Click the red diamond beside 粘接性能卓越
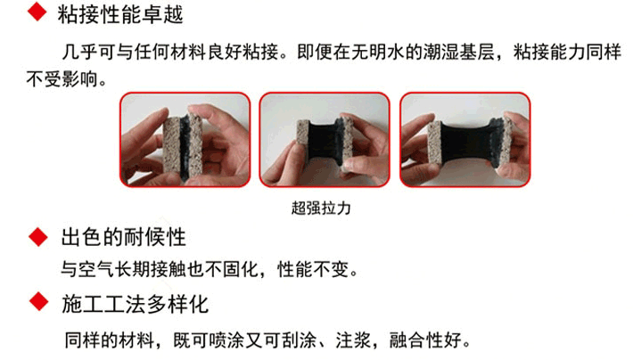37,12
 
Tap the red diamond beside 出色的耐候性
38,237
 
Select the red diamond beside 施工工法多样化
39,301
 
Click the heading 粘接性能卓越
120,14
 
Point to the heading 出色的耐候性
124,237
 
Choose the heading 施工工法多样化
135,304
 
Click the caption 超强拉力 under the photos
321,209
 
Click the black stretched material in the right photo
467,143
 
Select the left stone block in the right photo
434,143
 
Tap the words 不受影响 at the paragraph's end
62,78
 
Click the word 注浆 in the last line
353,340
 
